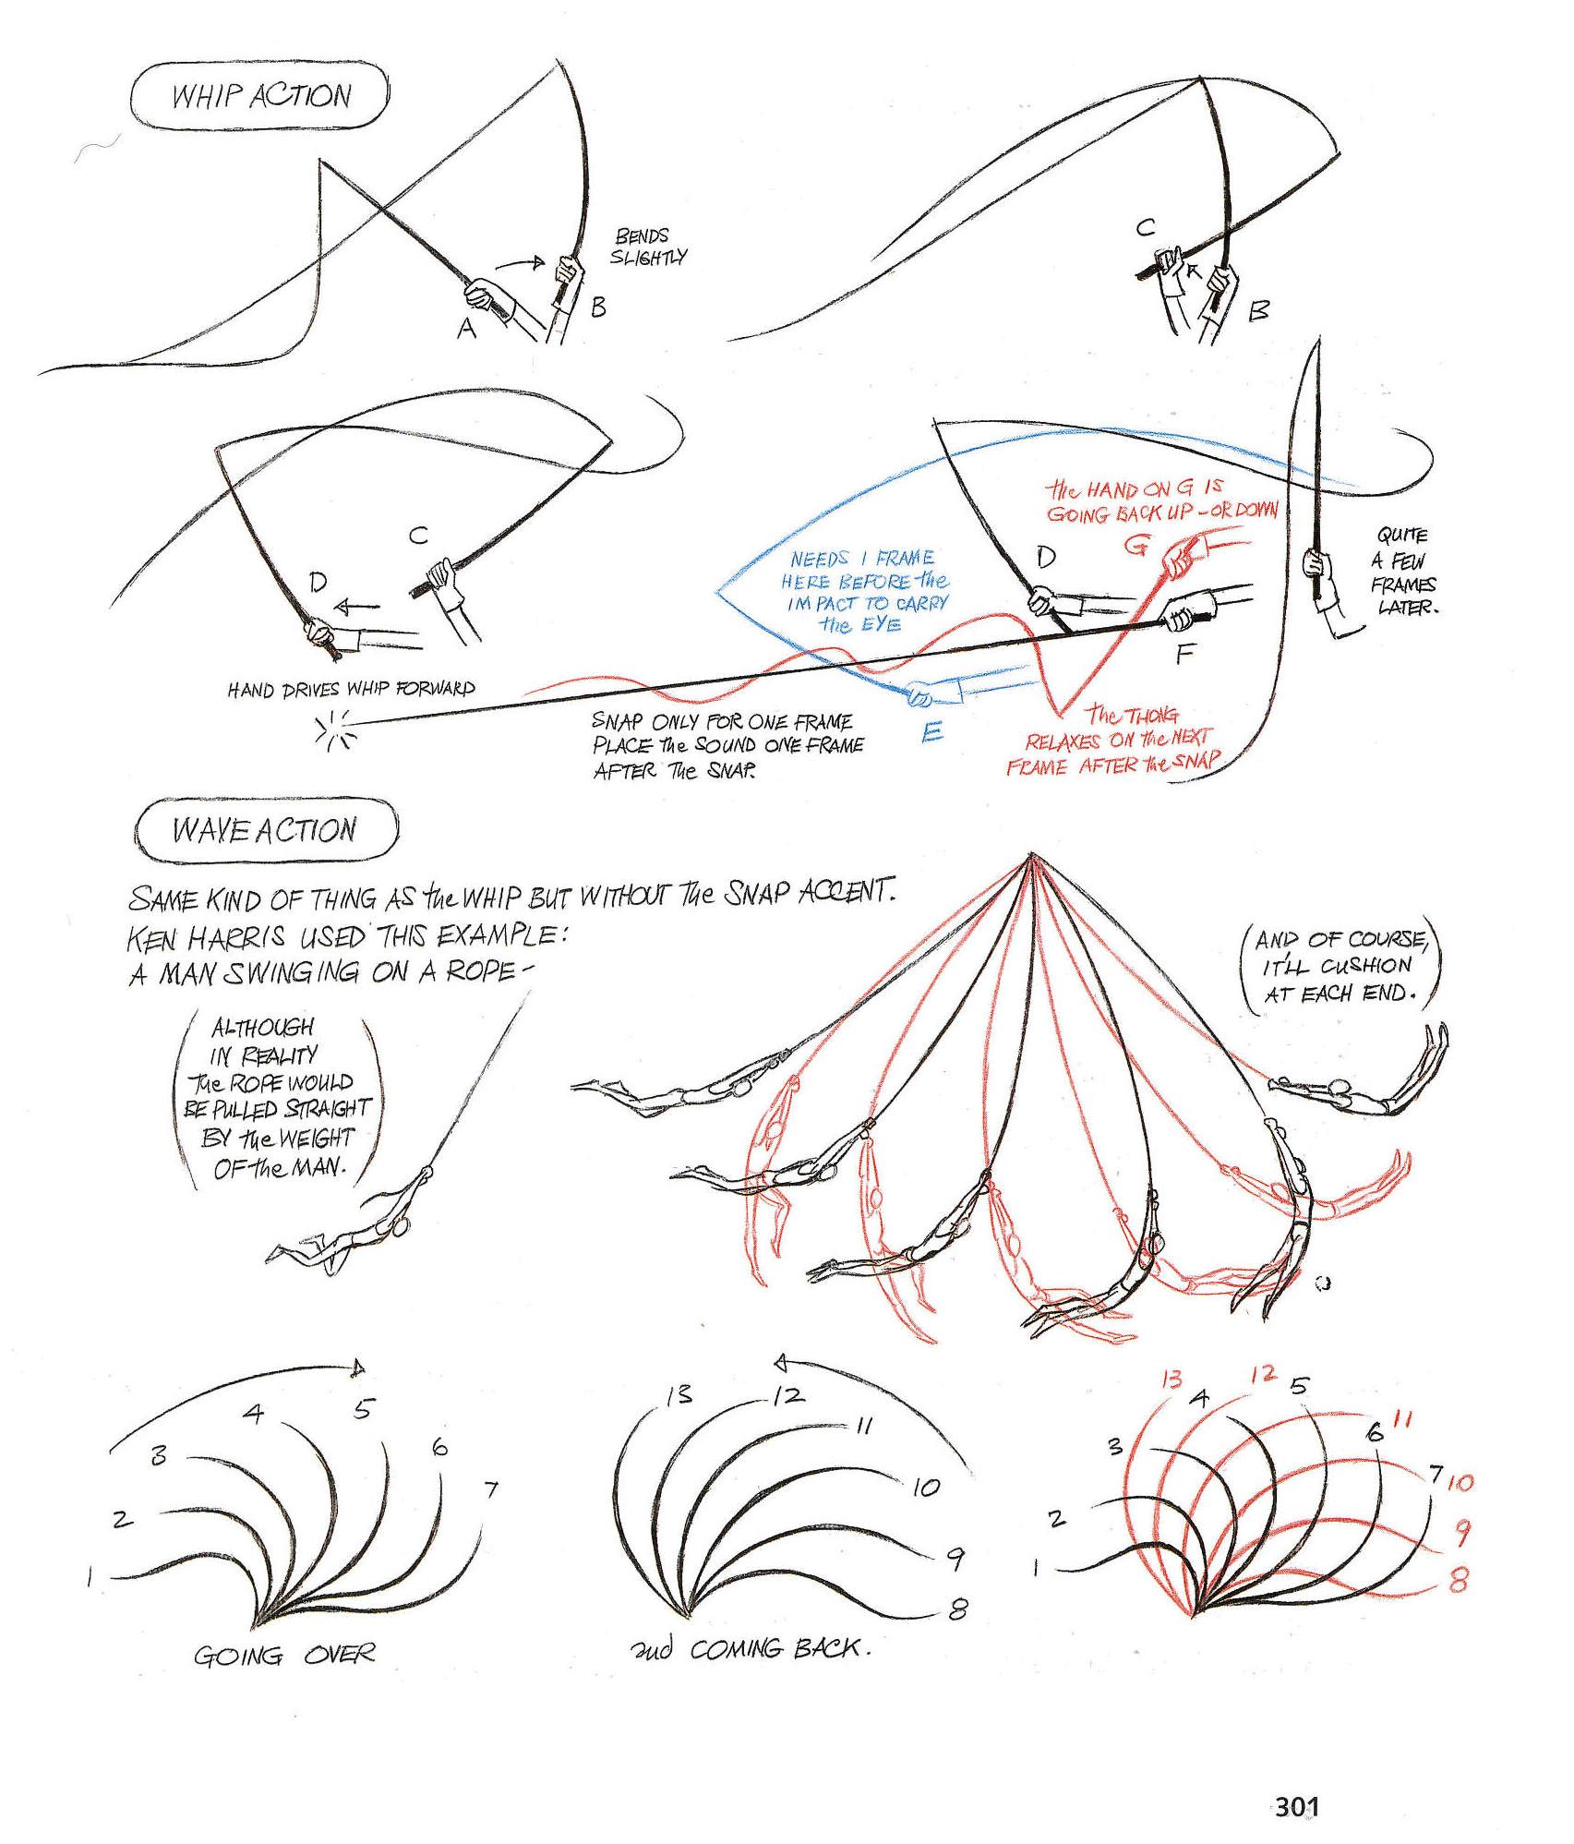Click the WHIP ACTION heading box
coord(260,96)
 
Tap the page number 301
coord(1296,1805)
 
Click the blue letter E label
coord(932,732)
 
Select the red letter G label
coord(1135,547)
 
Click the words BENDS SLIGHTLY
coord(649,247)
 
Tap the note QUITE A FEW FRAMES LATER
coord(1402,571)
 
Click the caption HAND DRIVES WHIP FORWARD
coord(352,690)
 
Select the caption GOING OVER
coord(284,1655)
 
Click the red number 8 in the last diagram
coord(1460,1581)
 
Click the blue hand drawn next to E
coord(923,694)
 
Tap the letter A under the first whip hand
coord(467,328)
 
